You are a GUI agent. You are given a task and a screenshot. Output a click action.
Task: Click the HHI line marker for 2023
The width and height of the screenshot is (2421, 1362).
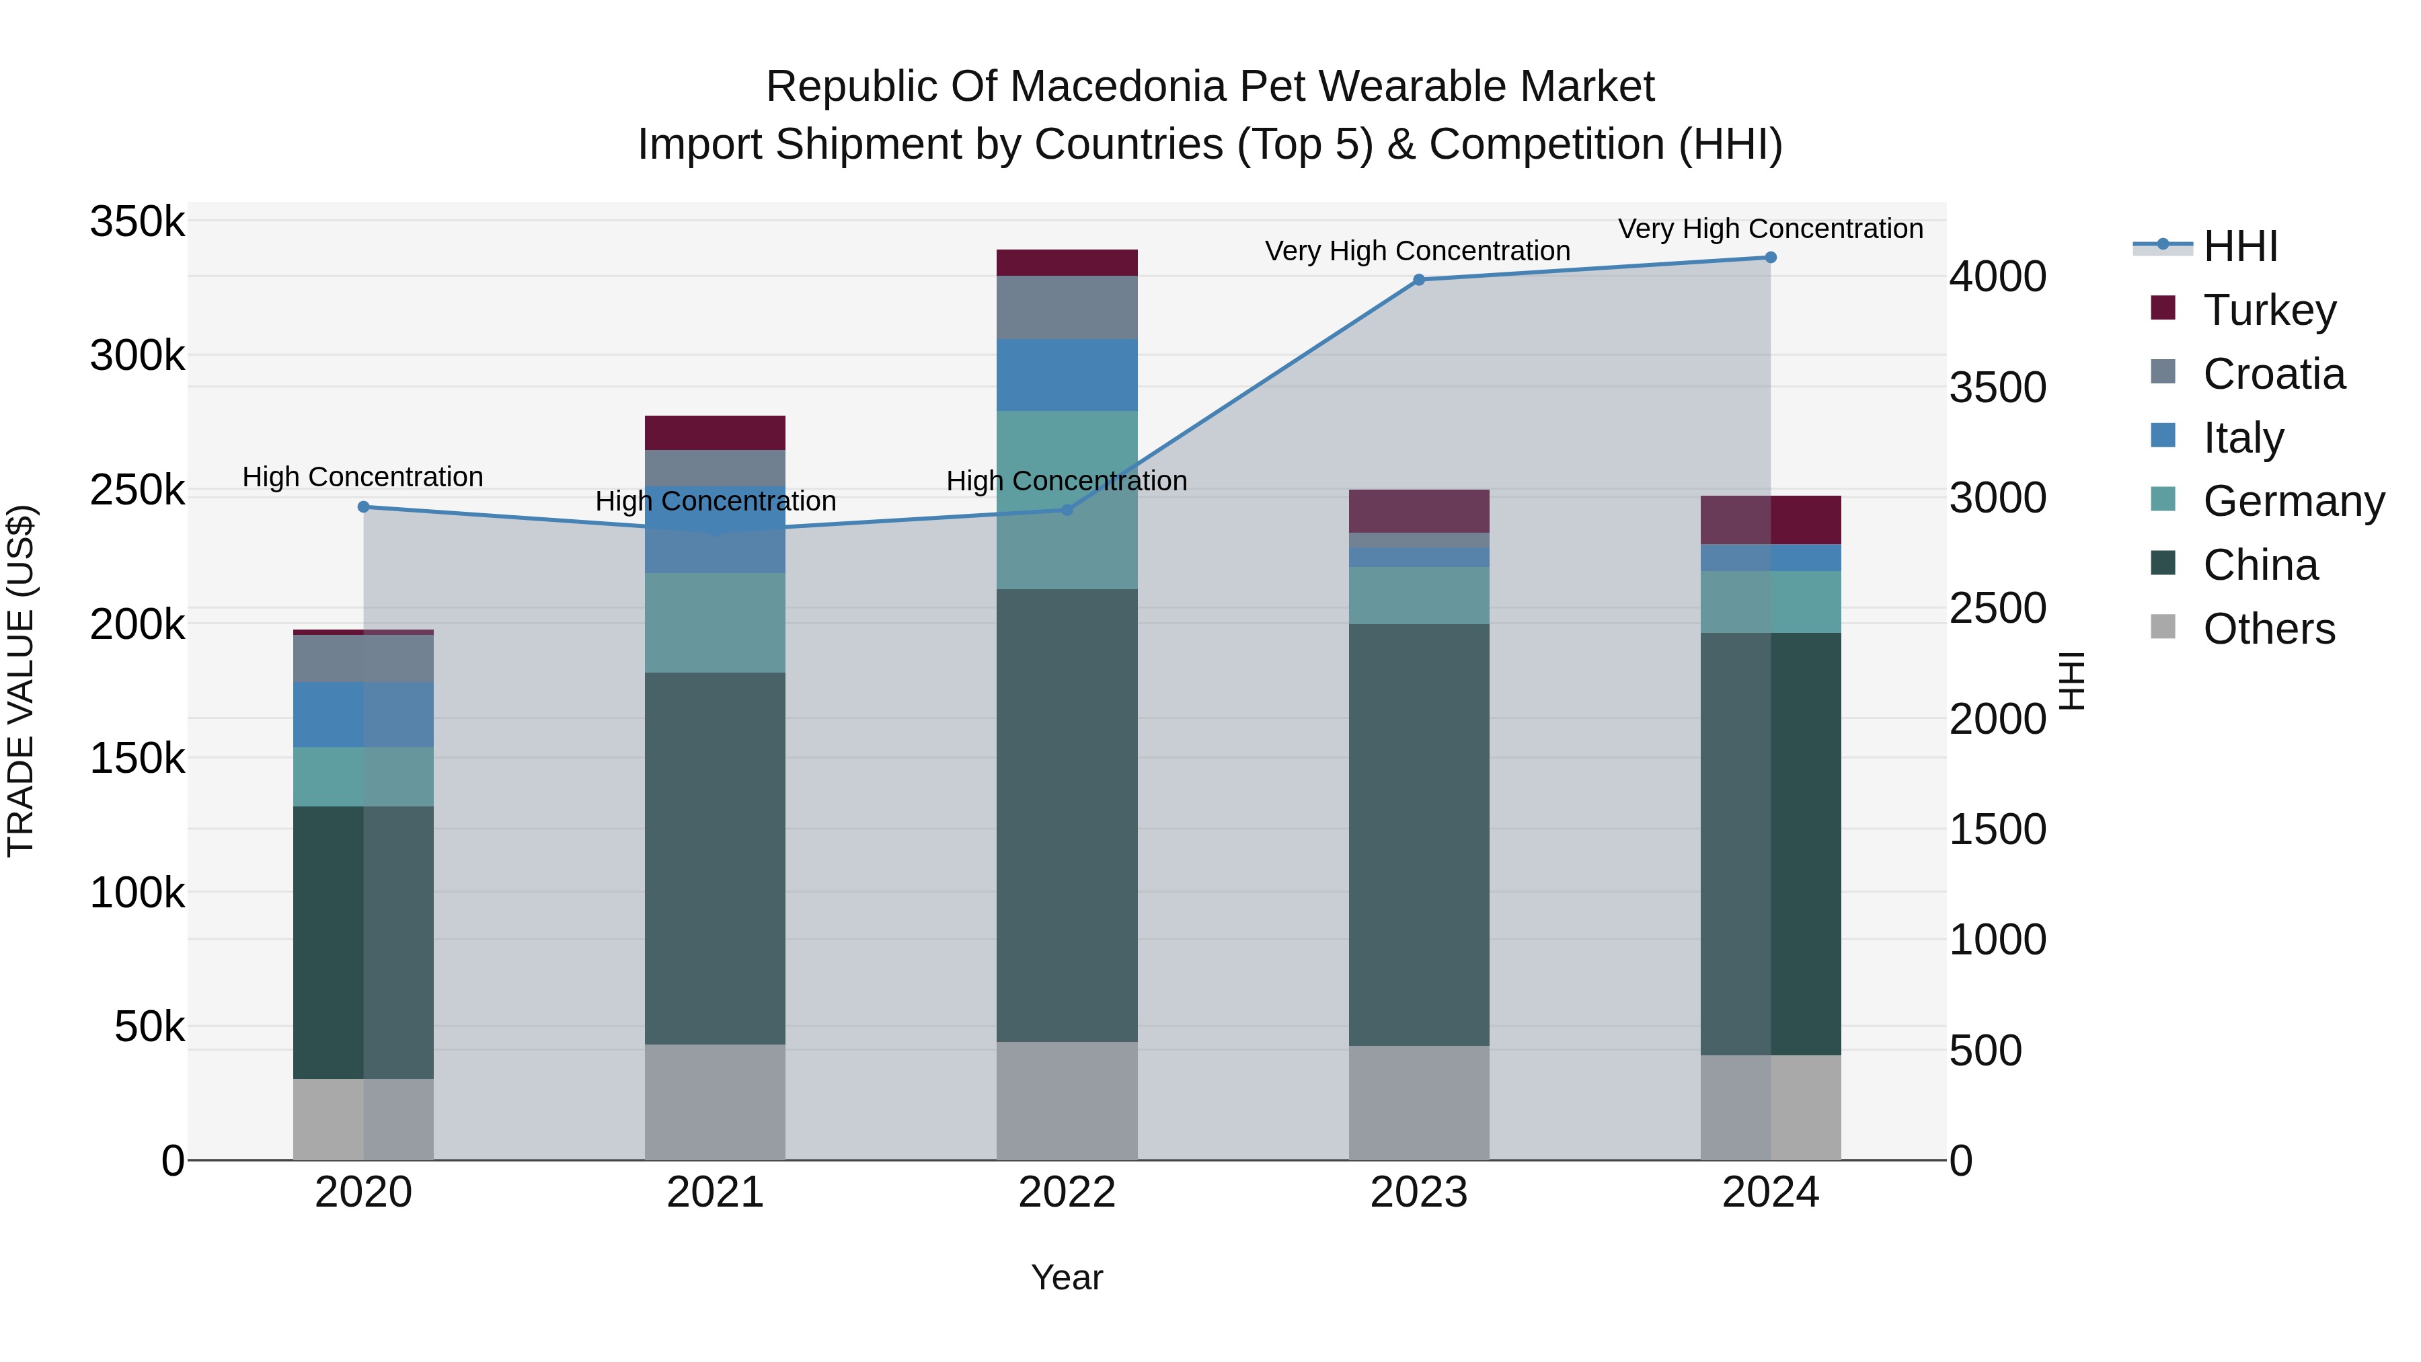pos(1419,280)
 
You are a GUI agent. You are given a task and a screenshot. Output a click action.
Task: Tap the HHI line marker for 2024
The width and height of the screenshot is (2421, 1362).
pos(1771,258)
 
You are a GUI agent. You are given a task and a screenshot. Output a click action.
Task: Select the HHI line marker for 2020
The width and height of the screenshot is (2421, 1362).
pos(364,508)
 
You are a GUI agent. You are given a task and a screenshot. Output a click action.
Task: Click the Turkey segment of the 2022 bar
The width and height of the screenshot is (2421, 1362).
pos(1067,262)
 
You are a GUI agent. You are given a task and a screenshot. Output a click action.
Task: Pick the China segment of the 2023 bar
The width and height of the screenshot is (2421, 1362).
pos(1419,835)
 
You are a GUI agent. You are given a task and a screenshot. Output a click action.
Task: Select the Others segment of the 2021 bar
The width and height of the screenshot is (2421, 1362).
pos(716,1102)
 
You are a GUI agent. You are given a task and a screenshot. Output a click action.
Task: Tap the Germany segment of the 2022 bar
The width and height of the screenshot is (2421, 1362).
pos(1067,500)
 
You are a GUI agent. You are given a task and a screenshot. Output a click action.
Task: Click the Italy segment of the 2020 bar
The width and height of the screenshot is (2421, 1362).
pos(364,714)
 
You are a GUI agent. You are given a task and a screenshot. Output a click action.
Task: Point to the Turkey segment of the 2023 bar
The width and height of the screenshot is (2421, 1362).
pos(1419,511)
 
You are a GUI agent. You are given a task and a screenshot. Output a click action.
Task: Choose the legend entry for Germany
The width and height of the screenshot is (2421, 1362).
pos(2293,501)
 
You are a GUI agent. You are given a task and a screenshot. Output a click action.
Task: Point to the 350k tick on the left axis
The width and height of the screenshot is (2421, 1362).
pos(137,223)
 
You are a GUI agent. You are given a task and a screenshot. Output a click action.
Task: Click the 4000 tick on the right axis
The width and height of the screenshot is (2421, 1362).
pos(1997,276)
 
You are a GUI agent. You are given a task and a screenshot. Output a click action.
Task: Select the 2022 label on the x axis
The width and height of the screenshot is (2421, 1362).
pos(1067,1193)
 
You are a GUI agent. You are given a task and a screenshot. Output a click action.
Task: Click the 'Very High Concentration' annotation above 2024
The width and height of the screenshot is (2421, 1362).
pos(1771,229)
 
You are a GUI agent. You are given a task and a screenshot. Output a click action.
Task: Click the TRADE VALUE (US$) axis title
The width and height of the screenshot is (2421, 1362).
pos(21,681)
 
